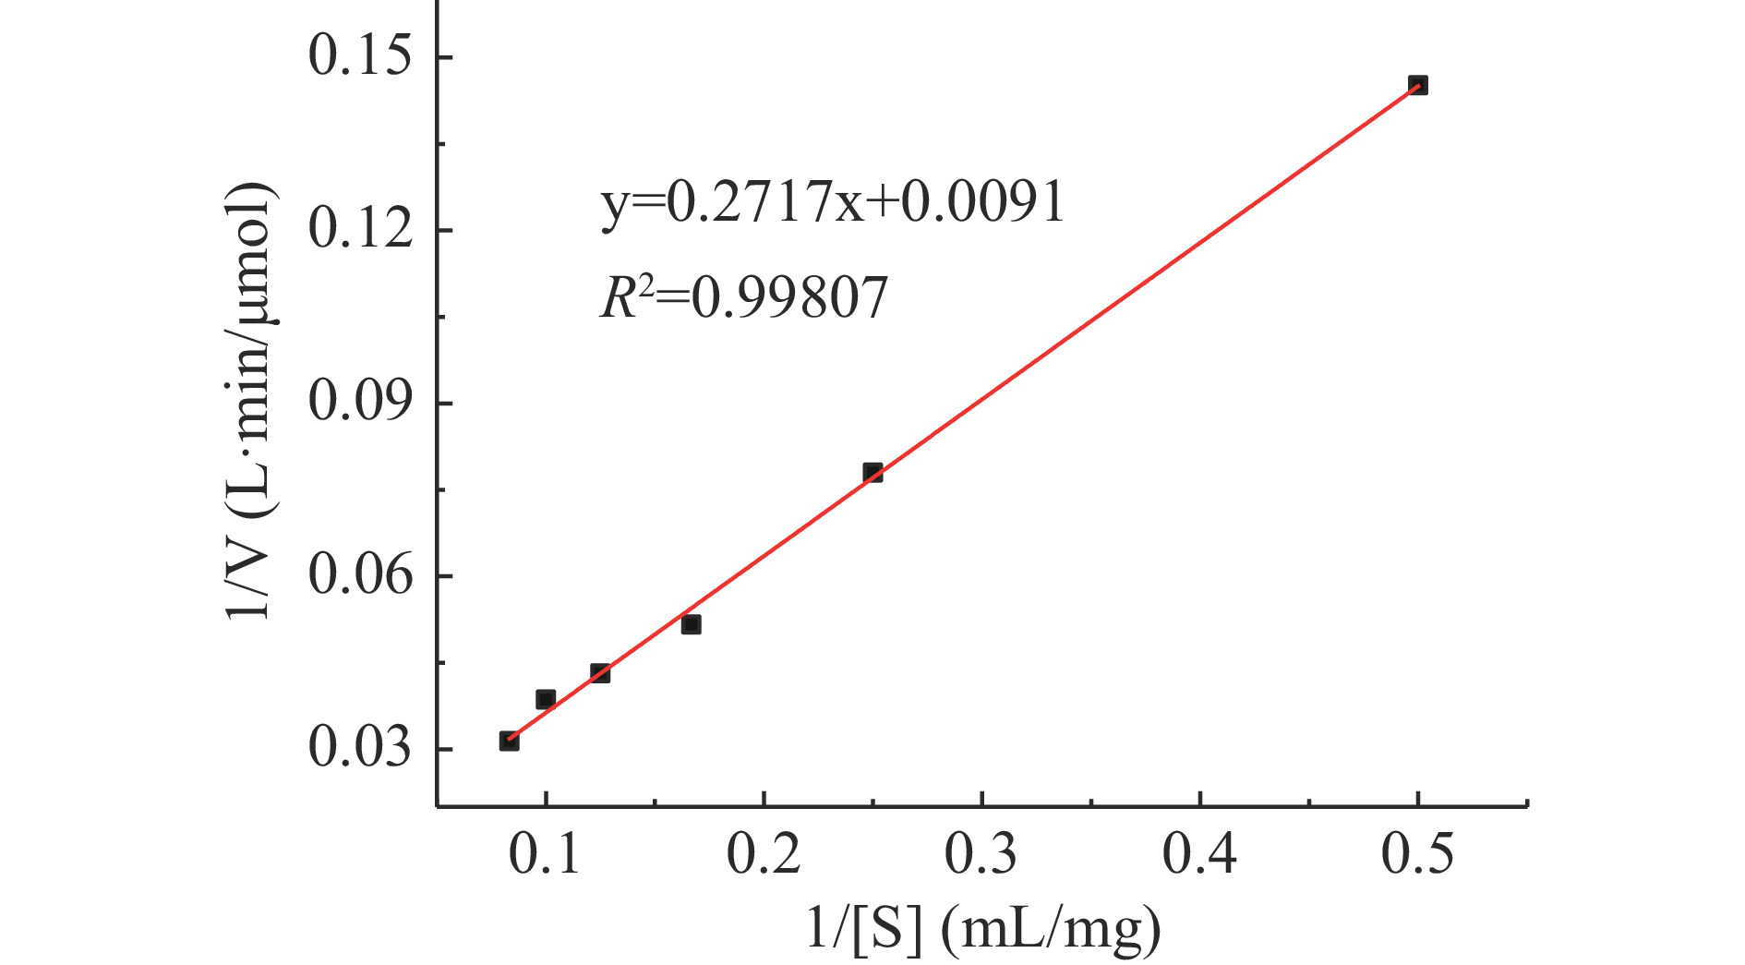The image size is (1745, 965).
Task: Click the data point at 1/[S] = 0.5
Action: tap(1417, 85)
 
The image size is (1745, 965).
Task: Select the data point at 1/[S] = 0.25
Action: tap(872, 473)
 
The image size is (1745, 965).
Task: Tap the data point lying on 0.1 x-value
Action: tap(546, 699)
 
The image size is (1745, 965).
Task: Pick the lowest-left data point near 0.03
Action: tap(509, 741)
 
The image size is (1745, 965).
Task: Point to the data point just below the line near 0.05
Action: tap(691, 624)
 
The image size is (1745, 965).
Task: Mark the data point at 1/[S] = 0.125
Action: tap(600, 673)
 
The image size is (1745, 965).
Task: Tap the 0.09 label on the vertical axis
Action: tap(359, 402)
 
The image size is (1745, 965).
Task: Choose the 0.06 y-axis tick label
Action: tap(359, 575)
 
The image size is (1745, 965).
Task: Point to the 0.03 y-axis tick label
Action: tap(359, 748)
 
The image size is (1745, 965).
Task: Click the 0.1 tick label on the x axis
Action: tap(546, 854)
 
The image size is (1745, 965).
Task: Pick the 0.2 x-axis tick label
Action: tap(764, 854)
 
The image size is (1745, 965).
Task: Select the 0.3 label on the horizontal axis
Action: tap(981, 854)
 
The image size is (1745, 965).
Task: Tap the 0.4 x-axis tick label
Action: tap(1199, 854)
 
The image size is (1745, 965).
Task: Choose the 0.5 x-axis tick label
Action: tap(1417, 854)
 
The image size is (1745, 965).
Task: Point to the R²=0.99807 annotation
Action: tap(744, 298)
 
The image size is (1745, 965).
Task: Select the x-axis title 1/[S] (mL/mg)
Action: tap(983, 928)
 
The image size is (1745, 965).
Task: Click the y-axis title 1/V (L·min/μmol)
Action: tap(250, 402)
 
